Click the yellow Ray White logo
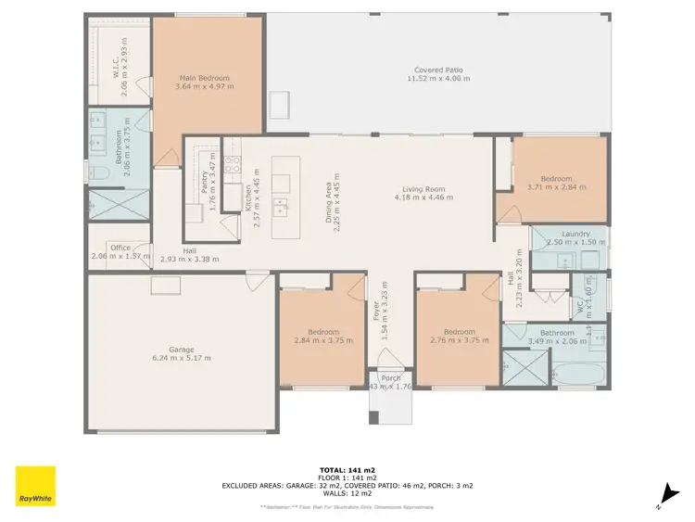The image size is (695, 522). coord(35,486)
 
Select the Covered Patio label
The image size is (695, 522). coord(441,74)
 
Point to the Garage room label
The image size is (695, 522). coord(182,353)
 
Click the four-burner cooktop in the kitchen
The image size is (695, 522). coord(234,165)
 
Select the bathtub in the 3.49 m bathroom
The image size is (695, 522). coord(576,375)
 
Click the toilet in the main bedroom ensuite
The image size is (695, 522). coord(95,172)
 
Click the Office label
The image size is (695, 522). coord(120,248)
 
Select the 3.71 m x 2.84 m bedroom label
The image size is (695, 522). coord(557,183)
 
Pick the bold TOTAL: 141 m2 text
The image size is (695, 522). coord(347,470)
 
